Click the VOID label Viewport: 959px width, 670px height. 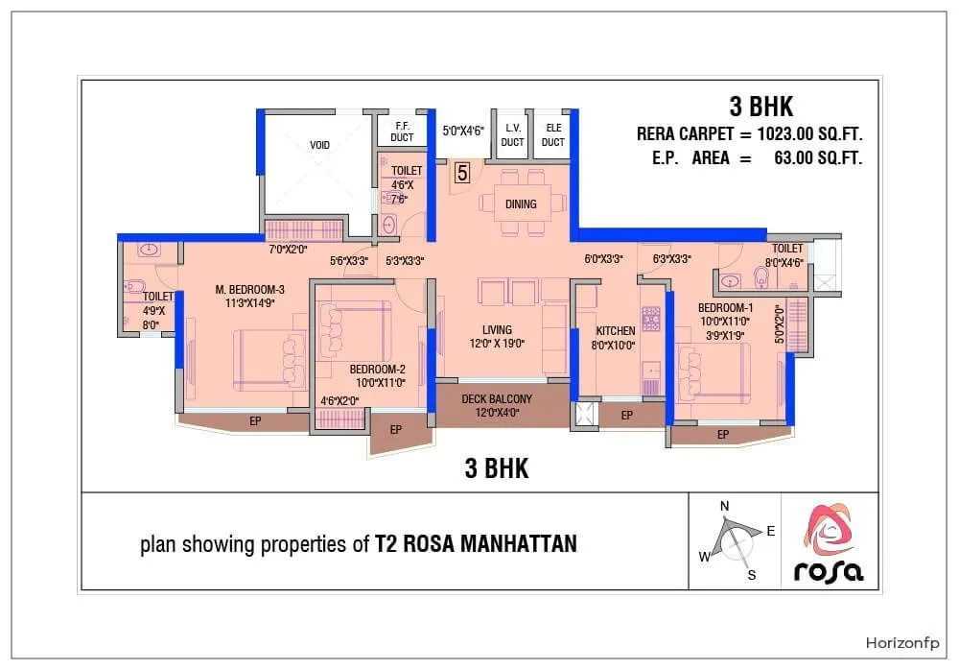(319, 145)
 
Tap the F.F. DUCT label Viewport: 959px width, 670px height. (402, 132)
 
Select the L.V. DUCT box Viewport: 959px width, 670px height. (512, 135)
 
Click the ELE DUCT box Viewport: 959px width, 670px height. (552, 135)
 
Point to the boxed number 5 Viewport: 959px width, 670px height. (462, 173)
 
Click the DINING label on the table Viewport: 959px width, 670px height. (521, 203)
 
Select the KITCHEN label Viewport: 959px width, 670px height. (615, 331)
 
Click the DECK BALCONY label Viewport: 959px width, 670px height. (497, 399)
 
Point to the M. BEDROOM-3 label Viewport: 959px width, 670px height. (250, 290)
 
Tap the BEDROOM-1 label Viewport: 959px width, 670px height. (725, 308)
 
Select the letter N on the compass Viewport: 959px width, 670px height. (725, 506)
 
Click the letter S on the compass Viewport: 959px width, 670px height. (752, 575)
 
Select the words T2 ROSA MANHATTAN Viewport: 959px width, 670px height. (477, 544)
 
